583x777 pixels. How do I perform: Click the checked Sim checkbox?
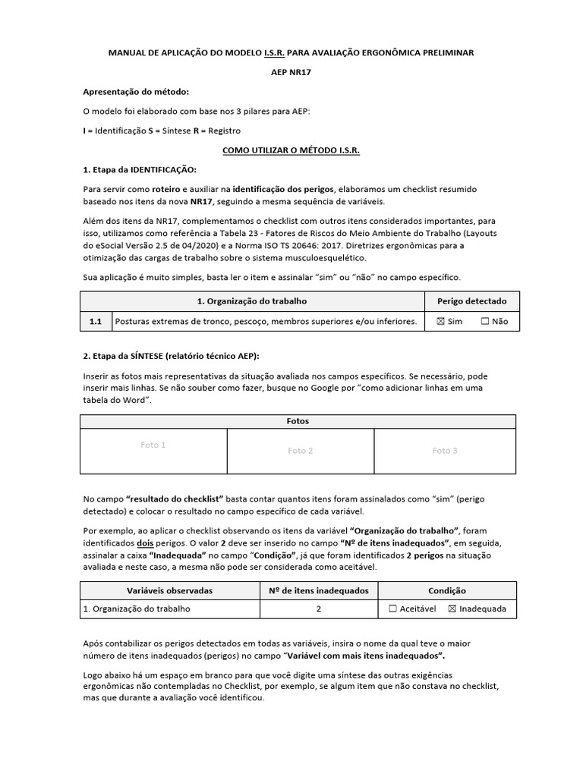pos(440,322)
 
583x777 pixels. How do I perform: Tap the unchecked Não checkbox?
pos(485,322)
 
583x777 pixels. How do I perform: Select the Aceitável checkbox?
pos(392,609)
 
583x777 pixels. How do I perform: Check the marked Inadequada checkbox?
pos(452,609)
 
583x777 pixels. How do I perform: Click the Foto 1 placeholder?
pos(153,445)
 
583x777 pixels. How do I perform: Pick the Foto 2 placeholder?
pos(301,451)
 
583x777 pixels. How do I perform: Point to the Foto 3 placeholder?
pos(445,451)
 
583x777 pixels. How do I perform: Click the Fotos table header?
pos(298,421)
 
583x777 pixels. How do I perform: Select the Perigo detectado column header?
pos(471,301)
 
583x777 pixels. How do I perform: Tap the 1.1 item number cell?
pos(96,322)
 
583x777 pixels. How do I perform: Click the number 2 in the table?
pos(319,609)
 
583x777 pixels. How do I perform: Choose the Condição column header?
pos(447,590)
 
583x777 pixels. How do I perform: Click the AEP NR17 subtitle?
pos(291,72)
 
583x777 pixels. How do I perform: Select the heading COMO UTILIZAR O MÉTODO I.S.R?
pos(291,150)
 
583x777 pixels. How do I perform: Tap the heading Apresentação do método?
pos(130,92)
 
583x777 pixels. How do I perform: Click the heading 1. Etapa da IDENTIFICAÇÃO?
pos(139,169)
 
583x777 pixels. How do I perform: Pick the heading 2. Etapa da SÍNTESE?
pos(171,357)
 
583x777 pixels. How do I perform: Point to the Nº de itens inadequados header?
pos(319,590)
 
